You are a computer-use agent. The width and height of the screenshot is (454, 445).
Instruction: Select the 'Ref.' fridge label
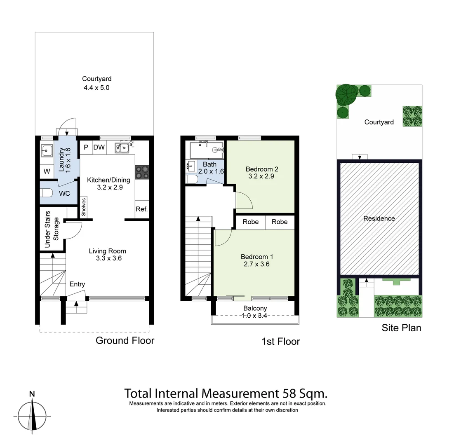click(x=141, y=209)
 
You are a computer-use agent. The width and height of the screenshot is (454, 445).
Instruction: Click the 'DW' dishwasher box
click(x=99, y=148)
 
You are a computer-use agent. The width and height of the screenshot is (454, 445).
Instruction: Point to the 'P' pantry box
click(x=86, y=148)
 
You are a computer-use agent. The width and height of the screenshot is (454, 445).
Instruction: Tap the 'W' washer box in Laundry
click(x=47, y=171)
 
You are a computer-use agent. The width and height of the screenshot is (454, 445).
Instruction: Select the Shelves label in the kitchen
click(x=84, y=207)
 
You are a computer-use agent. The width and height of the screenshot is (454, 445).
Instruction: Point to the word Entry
click(x=77, y=284)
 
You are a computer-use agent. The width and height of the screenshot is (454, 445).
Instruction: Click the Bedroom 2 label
click(x=262, y=169)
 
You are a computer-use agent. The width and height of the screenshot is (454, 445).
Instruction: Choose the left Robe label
click(x=250, y=222)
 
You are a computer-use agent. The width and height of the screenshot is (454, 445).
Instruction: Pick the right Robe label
click(x=280, y=222)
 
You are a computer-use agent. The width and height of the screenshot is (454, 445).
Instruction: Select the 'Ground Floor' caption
click(x=125, y=340)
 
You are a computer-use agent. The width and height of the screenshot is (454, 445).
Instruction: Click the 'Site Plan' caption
click(x=401, y=328)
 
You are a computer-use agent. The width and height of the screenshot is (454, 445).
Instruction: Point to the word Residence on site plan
click(x=379, y=219)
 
